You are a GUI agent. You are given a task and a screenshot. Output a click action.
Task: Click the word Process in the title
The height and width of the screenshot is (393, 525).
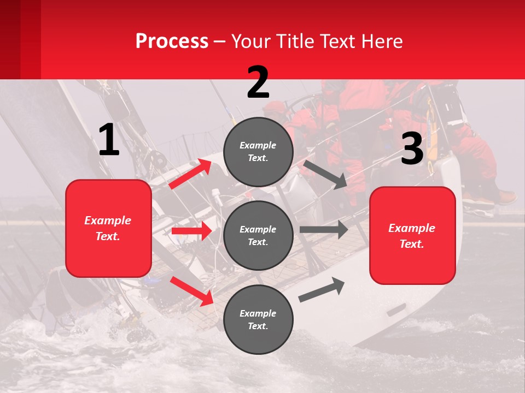coord(172,41)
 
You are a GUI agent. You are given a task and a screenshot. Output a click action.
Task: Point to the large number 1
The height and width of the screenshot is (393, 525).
coord(109,140)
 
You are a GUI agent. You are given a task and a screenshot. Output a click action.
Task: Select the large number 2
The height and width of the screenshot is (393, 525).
coord(258,82)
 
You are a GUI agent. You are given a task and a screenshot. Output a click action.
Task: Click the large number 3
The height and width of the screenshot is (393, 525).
coord(412,149)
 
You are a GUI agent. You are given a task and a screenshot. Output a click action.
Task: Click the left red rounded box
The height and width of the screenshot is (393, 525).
coord(108,228)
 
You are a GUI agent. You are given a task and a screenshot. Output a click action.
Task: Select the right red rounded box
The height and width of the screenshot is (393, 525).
coord(412,236)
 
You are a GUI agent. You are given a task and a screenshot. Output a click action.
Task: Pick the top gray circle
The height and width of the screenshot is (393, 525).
coord(258,152)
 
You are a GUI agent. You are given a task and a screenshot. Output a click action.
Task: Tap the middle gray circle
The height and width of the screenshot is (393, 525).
coord(258,235)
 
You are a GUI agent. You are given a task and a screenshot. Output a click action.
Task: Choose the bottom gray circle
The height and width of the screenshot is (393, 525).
coord(258,319)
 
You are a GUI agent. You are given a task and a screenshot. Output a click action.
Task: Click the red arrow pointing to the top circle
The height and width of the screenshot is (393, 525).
coord(190,174)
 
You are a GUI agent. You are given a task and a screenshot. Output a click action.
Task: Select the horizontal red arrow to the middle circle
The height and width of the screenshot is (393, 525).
coord(191,231)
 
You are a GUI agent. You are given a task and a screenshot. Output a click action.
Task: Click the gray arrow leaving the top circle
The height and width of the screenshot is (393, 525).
coord(325,174)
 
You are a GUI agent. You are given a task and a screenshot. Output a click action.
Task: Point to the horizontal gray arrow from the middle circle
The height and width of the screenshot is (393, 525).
coord(323,229)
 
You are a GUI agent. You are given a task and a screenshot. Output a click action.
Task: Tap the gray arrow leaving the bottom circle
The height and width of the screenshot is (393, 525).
coord(322,290)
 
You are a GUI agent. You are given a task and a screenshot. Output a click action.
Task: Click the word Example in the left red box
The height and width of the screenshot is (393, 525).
coord(108,221)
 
